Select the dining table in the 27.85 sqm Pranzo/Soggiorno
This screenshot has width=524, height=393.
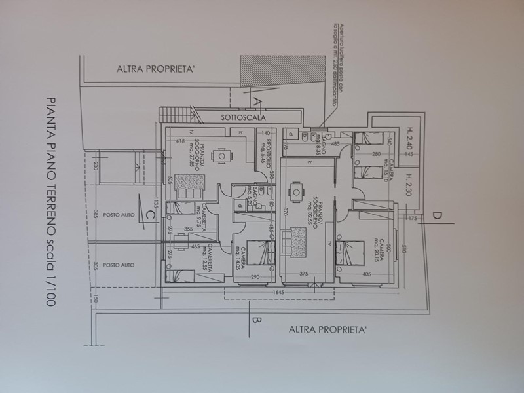pyautogui.click(x=222, y=157)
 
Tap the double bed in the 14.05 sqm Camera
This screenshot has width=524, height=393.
pyautogui.click(x=263, y=253)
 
